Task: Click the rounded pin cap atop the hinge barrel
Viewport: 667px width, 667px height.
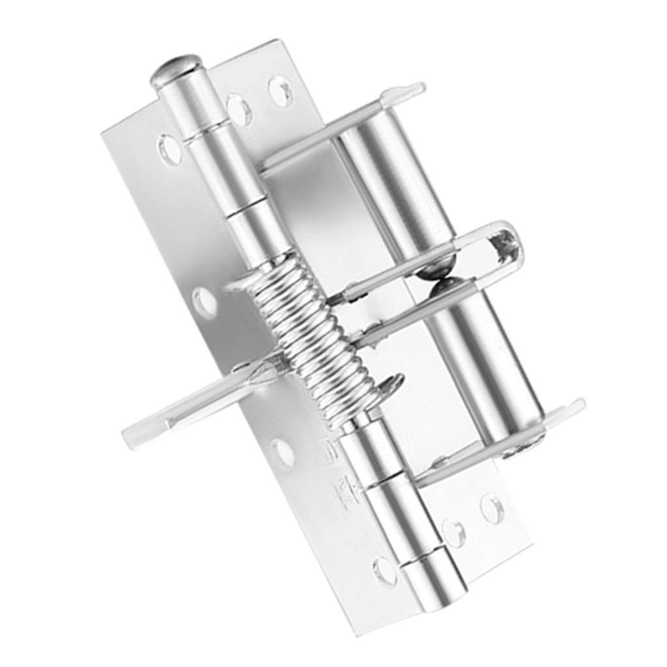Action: point(176,68)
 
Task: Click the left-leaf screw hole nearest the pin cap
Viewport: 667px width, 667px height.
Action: point(170,150)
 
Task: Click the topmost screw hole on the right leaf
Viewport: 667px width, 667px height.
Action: point(281,91)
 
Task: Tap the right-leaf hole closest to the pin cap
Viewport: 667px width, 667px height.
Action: point(239,109)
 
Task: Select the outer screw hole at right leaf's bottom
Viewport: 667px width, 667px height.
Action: point(492,509)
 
